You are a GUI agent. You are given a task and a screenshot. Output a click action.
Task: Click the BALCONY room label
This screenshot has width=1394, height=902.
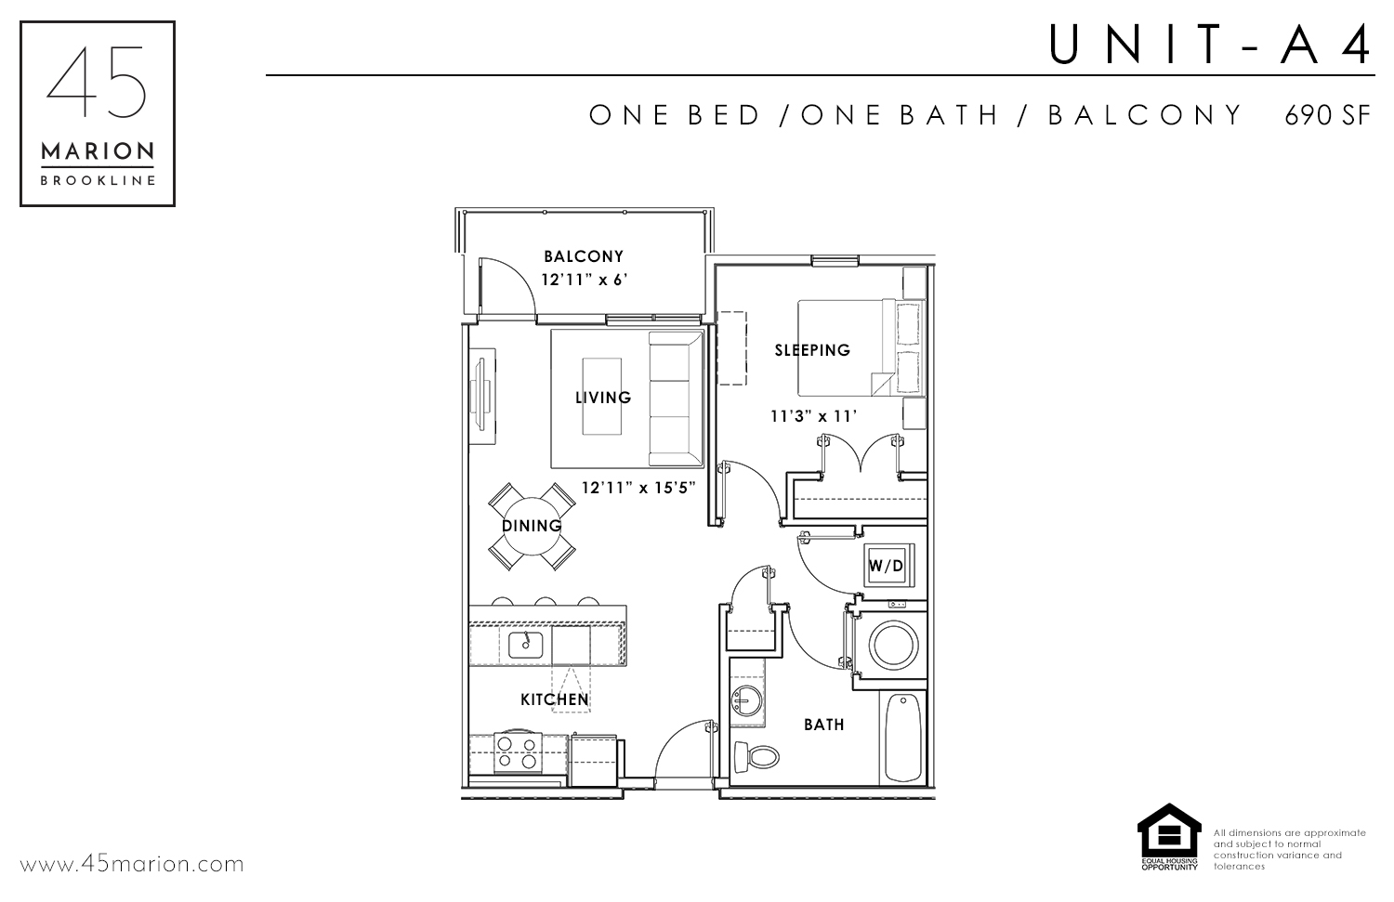point(583,256)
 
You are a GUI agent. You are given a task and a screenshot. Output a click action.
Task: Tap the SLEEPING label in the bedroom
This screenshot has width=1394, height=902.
point(812,350)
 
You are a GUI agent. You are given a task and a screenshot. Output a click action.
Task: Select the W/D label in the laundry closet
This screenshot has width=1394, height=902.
point(886,566)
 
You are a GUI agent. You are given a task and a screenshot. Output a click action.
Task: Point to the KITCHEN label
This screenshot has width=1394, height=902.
point(555,699)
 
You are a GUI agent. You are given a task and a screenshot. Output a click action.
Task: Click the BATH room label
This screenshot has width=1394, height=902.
point(824,725)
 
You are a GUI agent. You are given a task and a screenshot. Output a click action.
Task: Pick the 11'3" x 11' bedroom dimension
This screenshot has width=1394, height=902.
point(813,416)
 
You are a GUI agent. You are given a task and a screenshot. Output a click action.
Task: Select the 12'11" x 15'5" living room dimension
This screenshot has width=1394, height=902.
point(638,488)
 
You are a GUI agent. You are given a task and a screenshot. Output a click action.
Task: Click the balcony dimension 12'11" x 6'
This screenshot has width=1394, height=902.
point(584,280)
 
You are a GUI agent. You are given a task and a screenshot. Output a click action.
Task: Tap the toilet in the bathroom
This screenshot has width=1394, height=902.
point(756,757)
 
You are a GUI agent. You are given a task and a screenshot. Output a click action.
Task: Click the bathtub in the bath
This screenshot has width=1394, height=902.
point(903,738)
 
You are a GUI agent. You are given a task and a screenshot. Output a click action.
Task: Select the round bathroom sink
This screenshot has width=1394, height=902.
point(745,701)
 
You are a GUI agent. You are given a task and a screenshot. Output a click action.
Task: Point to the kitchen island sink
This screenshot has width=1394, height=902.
point(526,645)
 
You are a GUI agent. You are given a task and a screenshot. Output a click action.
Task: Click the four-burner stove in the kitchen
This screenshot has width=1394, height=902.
point(518,752)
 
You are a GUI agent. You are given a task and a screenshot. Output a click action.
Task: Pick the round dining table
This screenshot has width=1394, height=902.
point(532,527)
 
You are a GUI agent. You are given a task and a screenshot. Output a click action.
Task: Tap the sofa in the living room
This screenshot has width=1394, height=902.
point(676,399)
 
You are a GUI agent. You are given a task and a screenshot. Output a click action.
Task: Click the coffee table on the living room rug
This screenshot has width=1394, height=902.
point(602,397)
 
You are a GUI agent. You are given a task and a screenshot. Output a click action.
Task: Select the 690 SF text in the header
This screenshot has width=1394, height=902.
point(1328,116)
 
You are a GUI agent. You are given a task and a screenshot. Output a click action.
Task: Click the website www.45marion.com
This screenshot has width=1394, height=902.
point(131,865)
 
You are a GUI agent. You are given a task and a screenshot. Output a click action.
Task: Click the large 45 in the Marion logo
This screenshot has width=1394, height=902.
point(97,82)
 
